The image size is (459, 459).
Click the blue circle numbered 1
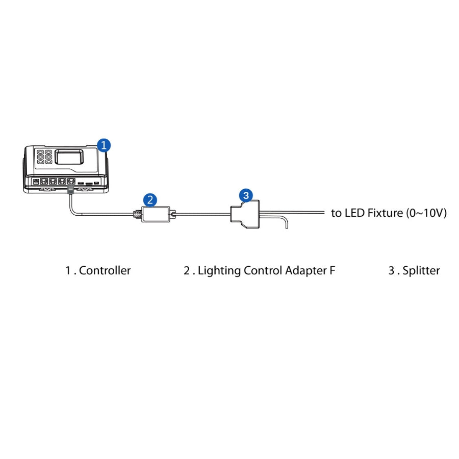(x=104, y=145)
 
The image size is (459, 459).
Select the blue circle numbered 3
(x=246, y=195)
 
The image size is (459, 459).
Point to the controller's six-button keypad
(x=43, y=156)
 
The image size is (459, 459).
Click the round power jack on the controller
(x=36, y=181)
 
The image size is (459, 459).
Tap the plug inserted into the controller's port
(x=70, y=189)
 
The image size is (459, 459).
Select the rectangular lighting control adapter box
(x=156, y=214)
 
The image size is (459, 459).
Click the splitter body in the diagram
(x=245, y=214)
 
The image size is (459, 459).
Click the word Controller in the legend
(x=105, y=271)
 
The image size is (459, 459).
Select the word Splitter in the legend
(x=421, y=271)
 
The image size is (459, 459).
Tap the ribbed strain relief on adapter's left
(x=137, y=214)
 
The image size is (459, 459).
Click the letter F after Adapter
(x=333, y=271)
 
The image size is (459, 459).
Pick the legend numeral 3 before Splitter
(x=391, y=271)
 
